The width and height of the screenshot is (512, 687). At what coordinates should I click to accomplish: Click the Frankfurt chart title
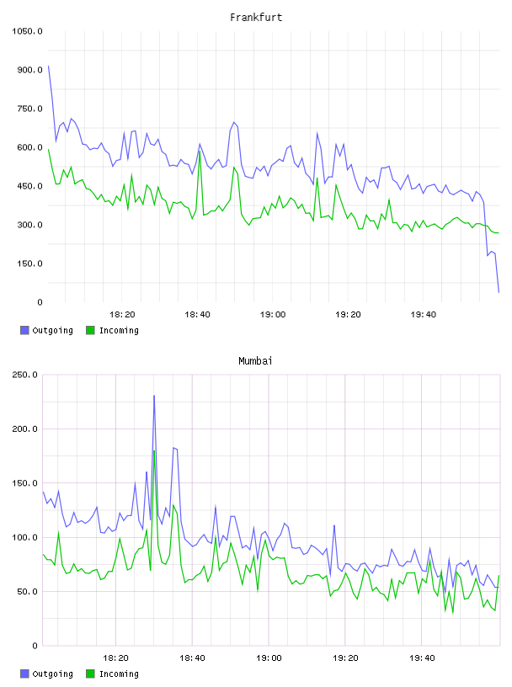(256, 18)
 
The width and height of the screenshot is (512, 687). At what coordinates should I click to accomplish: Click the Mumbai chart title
(255, 361)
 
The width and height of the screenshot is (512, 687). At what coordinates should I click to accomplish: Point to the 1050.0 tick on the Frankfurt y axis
(27, 31)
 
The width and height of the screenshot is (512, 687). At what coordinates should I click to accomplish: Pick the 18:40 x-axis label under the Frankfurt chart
(197, 315)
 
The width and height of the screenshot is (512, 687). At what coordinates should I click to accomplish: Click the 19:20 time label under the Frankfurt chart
(348, 315)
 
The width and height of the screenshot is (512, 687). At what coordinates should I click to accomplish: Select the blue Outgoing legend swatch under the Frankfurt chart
(24, 330)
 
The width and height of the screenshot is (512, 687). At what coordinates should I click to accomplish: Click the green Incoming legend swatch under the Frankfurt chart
(90, 330)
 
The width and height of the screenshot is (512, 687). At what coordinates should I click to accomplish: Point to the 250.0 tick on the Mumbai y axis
(24, 375)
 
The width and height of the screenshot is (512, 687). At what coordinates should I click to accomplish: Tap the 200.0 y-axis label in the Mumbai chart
(24, 429)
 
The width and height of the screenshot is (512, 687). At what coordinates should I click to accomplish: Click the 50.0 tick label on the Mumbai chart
(27, 592)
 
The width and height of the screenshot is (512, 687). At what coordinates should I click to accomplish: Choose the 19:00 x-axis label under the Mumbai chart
(269, 658)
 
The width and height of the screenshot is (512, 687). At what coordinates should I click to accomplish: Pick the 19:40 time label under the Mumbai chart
(422, 658)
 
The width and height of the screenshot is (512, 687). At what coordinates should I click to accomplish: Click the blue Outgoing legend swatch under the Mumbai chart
(24, 674)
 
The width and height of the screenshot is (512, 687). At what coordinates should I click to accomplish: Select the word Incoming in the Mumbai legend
(119, 674)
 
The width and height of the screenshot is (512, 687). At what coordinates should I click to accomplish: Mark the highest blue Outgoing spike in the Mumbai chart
(154, 396)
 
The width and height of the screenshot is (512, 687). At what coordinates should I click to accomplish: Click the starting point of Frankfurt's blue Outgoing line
(48, 67)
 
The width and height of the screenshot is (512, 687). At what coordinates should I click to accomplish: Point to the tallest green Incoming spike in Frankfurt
(200, 152)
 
